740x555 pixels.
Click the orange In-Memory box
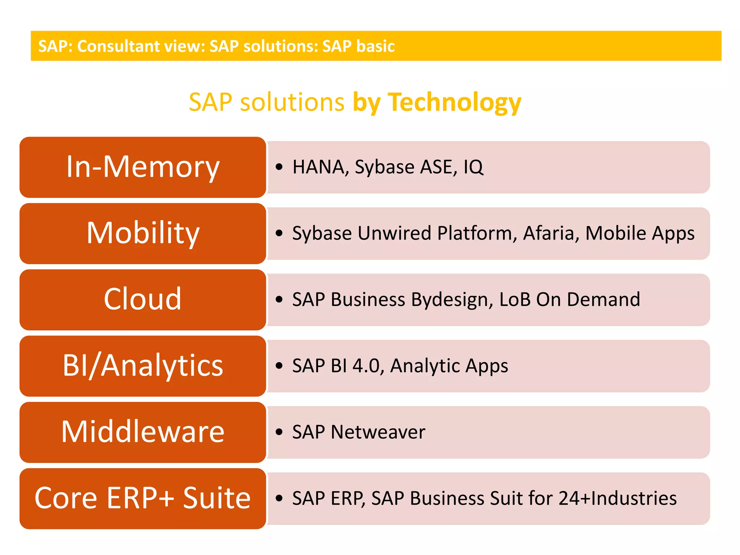(143, 167)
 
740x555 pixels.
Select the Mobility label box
(143, 233)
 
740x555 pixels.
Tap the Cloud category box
(143, 300)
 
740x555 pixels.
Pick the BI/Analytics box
(143, 366)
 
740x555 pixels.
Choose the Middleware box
(143, 432)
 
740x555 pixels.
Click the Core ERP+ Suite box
(143, 498)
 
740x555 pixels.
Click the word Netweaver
(378, 432)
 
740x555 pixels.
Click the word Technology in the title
(455, 103)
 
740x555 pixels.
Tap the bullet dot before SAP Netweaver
(279, 432)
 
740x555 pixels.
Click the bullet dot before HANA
(279, 167)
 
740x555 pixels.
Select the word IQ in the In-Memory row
(473, 167)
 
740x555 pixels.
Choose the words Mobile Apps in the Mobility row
(640, 233)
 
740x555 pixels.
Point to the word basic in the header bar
(375, 46)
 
